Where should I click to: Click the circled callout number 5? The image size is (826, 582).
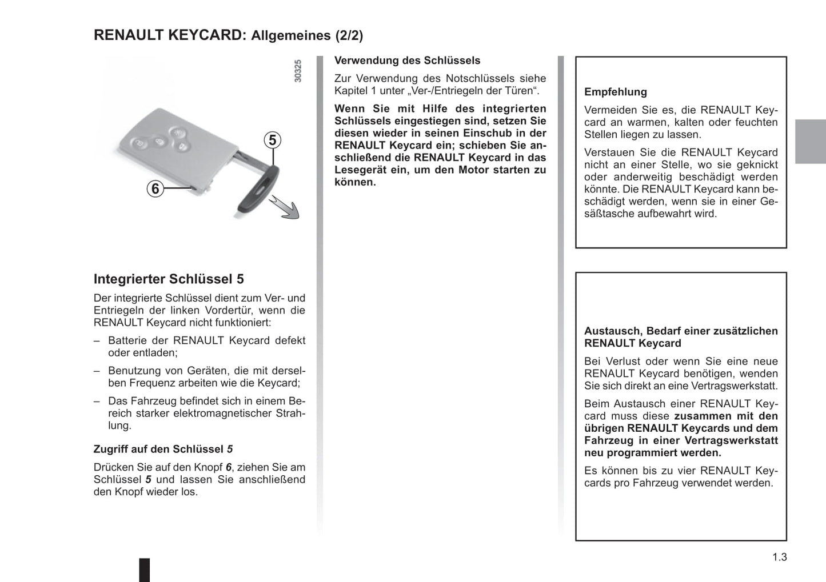coord(273,140)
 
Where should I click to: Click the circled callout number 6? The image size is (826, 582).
coord(155,188)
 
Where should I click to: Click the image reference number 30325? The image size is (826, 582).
coord(297,71)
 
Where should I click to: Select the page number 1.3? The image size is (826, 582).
coord(779,557)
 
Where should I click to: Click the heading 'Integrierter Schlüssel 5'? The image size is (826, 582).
coord(169,279)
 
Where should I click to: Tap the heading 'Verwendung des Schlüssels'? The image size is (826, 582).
coord(407,61)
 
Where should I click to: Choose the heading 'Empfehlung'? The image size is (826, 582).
coord(616,92)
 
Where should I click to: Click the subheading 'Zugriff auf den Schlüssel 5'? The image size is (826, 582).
coord(163,449)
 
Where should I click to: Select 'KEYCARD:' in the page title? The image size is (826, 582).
coord(208,35)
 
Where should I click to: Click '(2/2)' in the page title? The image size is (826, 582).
coord(349,35)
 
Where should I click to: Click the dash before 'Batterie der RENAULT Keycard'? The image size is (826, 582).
coord(97,340)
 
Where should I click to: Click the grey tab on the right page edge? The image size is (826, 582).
coord(810,142)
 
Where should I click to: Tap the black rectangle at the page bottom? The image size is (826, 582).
coord(145,569)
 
